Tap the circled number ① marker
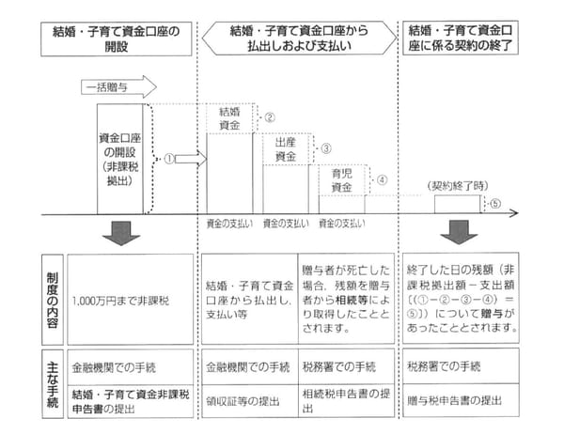pos(170,159)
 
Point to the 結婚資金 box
pos(228,117)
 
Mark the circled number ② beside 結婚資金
pos(269,117)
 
